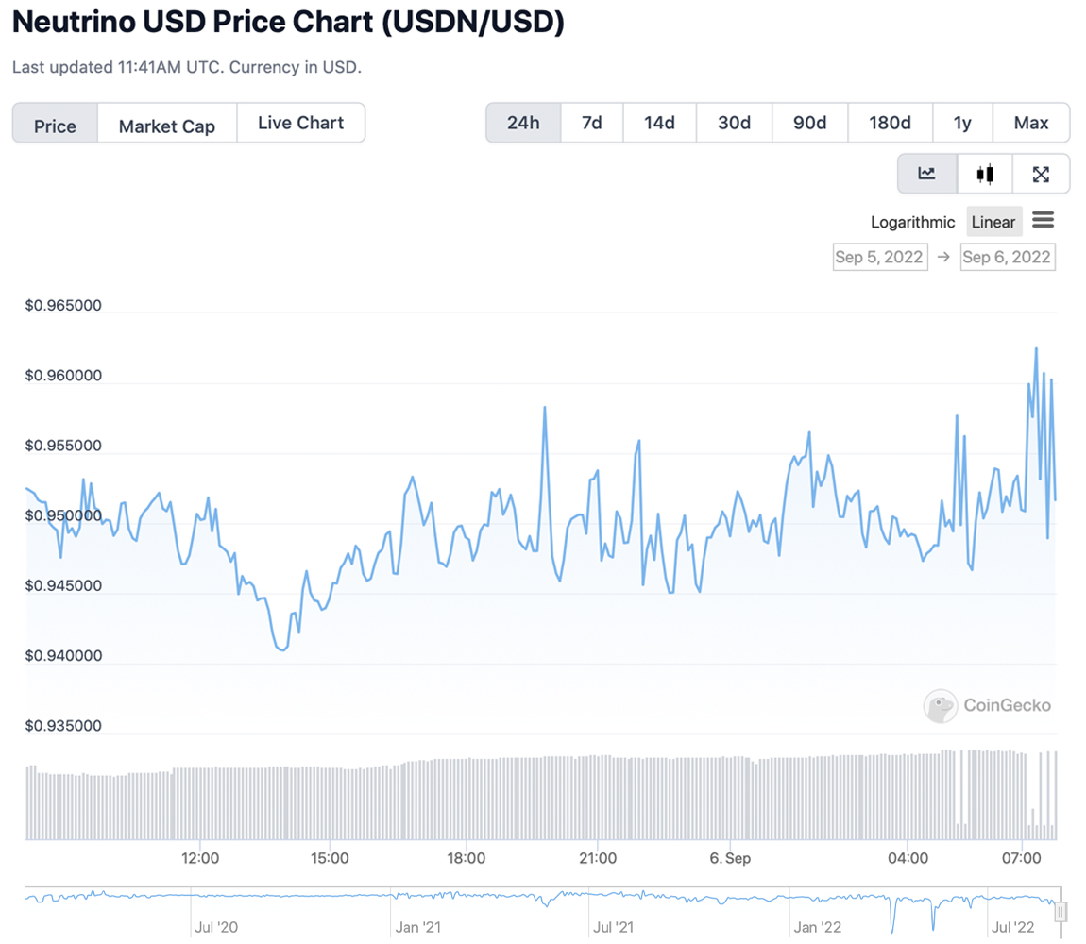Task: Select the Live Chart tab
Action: (300, 123)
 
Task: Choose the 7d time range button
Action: (592, 123)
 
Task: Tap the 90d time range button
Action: (809, 123)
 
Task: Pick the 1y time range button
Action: (962, 123)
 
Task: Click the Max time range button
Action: (1031, 123)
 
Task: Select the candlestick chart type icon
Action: (985, 174)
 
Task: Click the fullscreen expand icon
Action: (1041, 174)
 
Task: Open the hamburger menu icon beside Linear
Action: (1043, 221)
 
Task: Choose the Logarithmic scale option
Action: (912, 222)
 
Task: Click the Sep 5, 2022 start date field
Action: (878, 257)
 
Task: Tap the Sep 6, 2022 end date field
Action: (1007, 257)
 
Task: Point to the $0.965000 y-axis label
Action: (64, 306)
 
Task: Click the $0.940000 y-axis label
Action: (64, 656)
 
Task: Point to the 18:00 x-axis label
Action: (467, 858)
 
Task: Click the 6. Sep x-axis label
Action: (730, 858)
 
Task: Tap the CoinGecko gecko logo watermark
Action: (941, 706)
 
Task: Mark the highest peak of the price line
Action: (1036, 348)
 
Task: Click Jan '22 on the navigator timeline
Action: (817, 927)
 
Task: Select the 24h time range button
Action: (523, 123)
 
